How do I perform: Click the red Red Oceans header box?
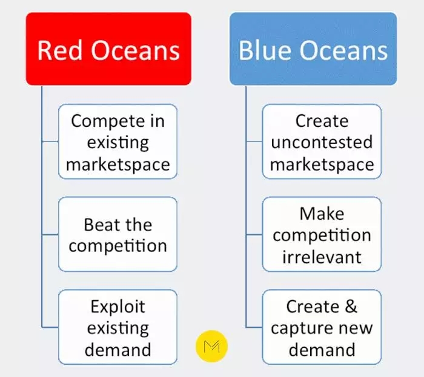click(108, 49)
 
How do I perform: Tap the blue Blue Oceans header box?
click(313, 49)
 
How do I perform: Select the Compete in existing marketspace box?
click(118, 141)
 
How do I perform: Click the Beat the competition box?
click(118, 234)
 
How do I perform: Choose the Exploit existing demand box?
click(118, 327)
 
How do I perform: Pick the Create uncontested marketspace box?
click(322, 141)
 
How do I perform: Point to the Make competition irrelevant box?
click(322, 234)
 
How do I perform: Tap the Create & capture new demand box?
click(322, 327)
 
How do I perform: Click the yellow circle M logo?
click(212, 346)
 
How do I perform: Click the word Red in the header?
click(59, 50)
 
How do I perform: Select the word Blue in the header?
click(265, 50)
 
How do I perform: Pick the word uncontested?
click(322, 142)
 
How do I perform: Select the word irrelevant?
click(322, 257)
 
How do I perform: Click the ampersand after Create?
click(351, 307)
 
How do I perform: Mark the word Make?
click(322, 214)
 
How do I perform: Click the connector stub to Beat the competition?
click(50, 234)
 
